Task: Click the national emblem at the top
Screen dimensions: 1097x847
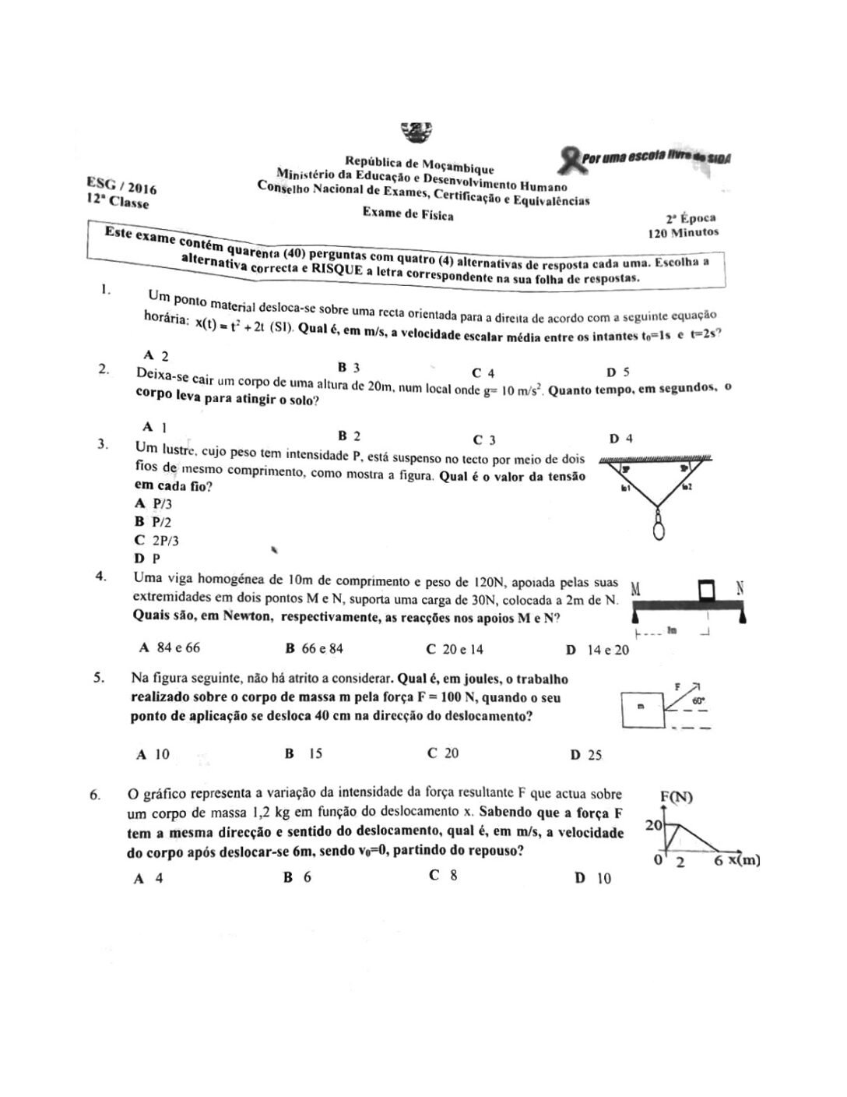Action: (415, 132)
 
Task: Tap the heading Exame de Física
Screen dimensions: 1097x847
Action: (407, 214)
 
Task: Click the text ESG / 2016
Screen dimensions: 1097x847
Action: (121, 185)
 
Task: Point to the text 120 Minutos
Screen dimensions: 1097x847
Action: (683, 232)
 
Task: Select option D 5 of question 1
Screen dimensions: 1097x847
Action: (617, 372)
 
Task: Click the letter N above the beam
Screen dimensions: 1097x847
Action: (740, 589)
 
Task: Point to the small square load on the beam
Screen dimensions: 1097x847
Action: (706, 591)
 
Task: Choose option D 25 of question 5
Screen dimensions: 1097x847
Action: (585, 754)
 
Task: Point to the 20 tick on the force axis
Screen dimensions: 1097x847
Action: (653, 825)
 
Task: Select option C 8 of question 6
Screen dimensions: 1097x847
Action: (442, 875)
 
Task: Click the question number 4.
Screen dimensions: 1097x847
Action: (100, 577)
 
